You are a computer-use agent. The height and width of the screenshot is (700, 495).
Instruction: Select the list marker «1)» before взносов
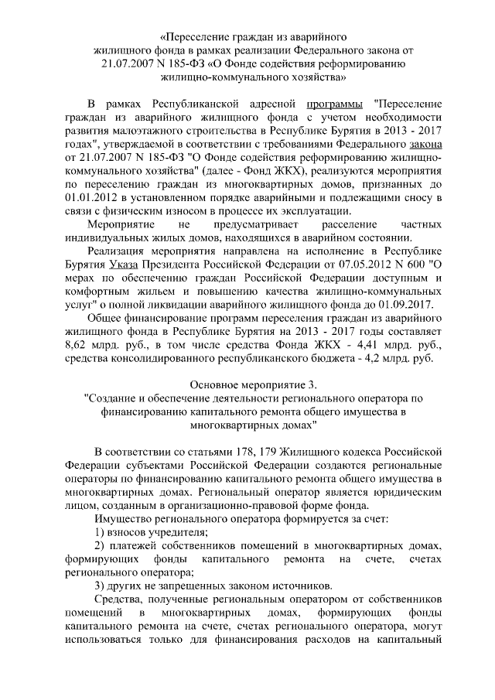100,533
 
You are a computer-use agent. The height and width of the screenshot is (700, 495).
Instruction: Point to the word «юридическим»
402,492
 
